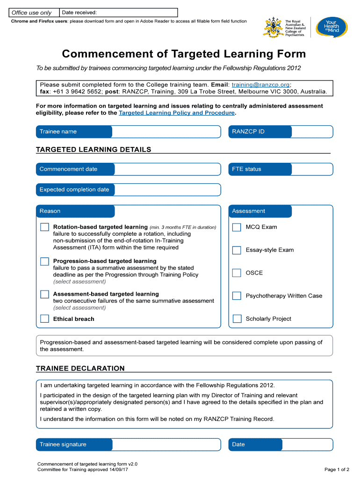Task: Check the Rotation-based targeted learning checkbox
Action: [x=44, y=227]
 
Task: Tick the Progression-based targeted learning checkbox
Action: [x=44, y=261]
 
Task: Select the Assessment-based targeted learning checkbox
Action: [x=44, y=294]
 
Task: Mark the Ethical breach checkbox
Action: [x=44, y=319]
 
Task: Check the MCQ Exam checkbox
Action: [x=237, y=227]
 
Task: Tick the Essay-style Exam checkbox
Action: [x=237, y=250]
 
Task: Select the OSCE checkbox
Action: [x=237, y=273]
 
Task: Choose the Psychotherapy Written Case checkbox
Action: [x=237, y=296]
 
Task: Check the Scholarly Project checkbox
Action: [x=237, y=319]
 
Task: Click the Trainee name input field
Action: [x=166, y=132]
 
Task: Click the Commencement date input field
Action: [x=166, y=169]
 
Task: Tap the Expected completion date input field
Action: [x=166, y=190]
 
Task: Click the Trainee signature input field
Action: [x=166, y=444]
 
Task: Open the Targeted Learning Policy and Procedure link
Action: [x=176, y=113]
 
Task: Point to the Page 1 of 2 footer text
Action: [x=337, y=469]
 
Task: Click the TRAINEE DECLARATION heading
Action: [x=80, y=368]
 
